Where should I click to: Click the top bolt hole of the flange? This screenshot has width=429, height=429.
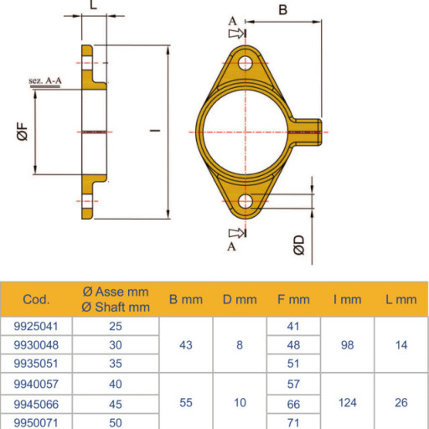[246, 63]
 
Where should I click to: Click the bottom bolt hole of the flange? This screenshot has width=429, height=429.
[246, 201]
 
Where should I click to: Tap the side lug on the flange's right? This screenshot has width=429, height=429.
[307, 132]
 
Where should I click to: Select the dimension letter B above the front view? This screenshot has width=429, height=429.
[283, 10]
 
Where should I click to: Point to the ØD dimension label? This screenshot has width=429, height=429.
[299, 245]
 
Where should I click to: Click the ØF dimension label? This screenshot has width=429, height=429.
[23, 132]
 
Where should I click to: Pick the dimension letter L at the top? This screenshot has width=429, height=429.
[93, 4]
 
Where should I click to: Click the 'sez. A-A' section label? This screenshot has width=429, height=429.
[45, 81]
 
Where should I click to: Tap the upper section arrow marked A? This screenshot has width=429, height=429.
[237, 34]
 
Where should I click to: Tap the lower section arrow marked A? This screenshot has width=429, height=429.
[237, 233]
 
